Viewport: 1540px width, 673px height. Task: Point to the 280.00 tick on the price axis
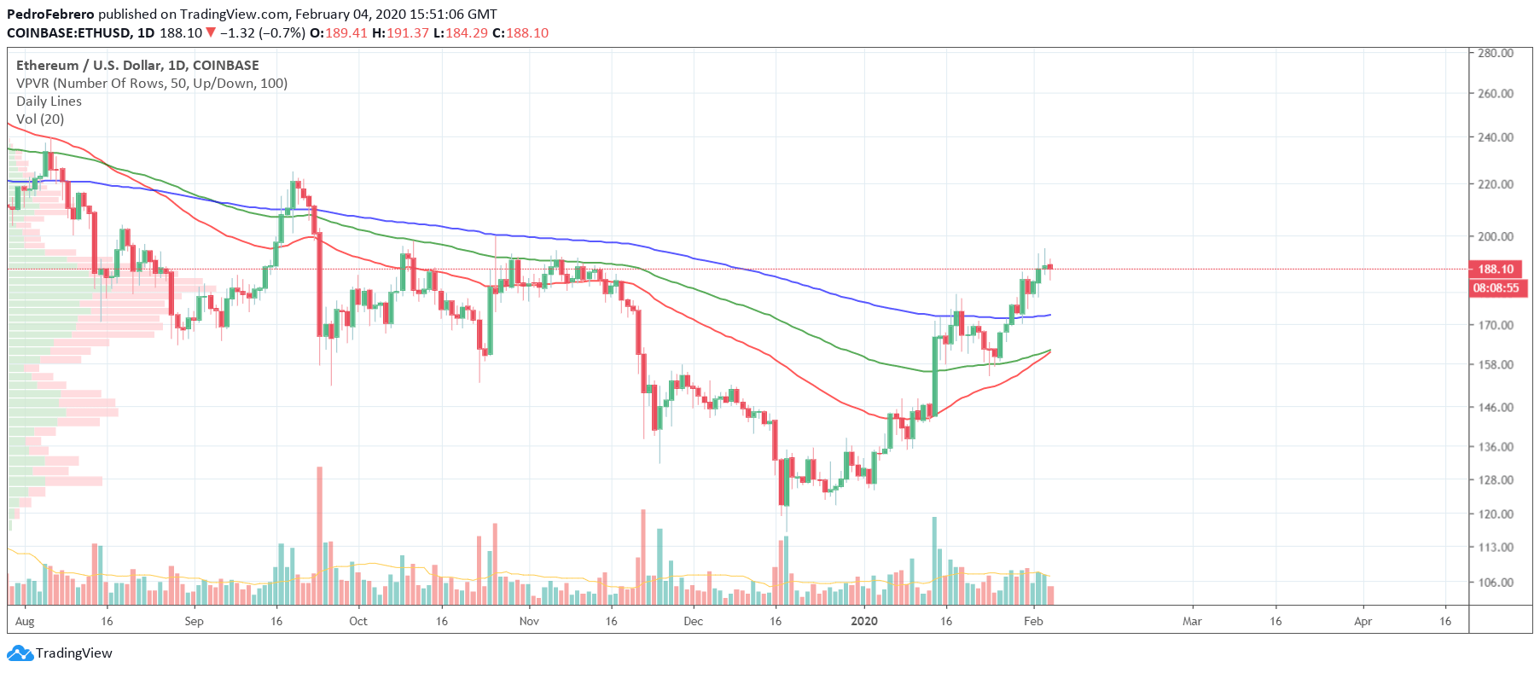pyautogui.click(x=1496, y=53)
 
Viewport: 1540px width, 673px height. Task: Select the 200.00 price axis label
pyautogui.click(x=1496, y=236)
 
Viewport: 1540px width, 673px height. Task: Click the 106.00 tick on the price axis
pyautogui.click(x=1496, y=583)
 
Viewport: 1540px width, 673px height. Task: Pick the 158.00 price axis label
pyautogui.click(x=1496, y=364)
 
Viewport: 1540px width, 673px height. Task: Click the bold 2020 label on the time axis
pyautogui.click(x=864, y=621)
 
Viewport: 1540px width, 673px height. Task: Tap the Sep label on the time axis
pyautogui.click(x=194, y=621)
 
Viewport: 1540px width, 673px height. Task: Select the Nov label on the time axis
pyautogui.click(x=529, y=621)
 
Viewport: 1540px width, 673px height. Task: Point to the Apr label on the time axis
pyautogui.click(x=1363, y=621)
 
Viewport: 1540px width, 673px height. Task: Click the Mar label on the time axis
pyautogui.click(x=1192, y=621)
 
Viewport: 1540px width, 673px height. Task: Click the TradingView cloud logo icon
pyautogui.click(x=20, y=653)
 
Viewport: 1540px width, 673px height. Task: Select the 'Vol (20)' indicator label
pyautogui.click(x=40, y=119)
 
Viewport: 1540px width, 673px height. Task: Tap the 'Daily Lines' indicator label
pyautogui.click(x=49, y=102)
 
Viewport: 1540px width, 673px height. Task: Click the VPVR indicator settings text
pyautogui.click(x=152, y=84)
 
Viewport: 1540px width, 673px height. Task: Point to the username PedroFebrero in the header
pyautogui.click(x=50, y=15)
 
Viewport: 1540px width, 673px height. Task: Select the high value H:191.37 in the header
pyautogui.click(x=400, y=33)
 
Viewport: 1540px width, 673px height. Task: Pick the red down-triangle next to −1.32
pyautogui.click(x=211, y=33)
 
